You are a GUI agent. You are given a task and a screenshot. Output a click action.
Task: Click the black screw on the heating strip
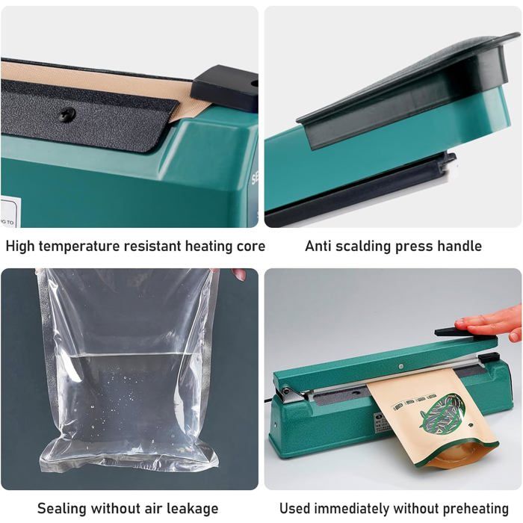pyautogui.click(x=68, y=114)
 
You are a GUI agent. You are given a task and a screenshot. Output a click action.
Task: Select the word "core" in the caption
pyautogui.click(x=250, y=246)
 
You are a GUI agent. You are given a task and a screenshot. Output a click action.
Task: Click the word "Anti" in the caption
pyautogui.click(x=319, y=246)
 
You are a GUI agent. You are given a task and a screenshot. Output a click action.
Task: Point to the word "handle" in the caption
pyautogui.click(x=459, y=246)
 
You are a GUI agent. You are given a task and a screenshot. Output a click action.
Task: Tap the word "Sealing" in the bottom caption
pyautogui.click(x=61, y=509)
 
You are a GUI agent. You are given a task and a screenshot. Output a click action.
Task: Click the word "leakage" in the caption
pyautogui.click(x=191, y=509)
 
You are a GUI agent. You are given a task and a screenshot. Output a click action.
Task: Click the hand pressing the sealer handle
pyautogui.click(x=492, y=323)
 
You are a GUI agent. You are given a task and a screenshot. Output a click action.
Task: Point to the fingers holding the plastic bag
pyautogui.click(x=238, y=274)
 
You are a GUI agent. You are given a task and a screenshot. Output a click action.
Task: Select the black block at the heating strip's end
pyautogui.click(x=224, y=88)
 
